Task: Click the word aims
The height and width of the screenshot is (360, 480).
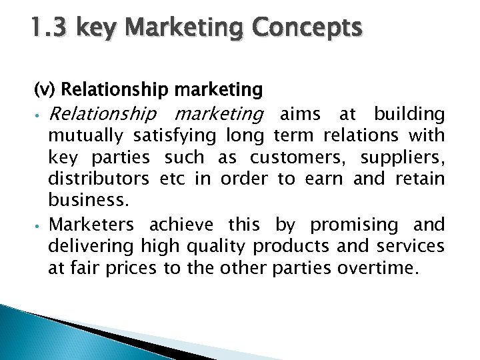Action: point(300,114)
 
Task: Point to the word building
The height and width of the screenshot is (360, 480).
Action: point(409,114)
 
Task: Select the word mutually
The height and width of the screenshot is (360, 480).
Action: point(85,136)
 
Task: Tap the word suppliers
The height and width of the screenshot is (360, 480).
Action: point(402,158)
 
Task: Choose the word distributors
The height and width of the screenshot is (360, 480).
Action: point(99,179)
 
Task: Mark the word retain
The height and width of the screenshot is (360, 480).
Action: point(419,179)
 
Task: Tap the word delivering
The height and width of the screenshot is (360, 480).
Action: point(91,246)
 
